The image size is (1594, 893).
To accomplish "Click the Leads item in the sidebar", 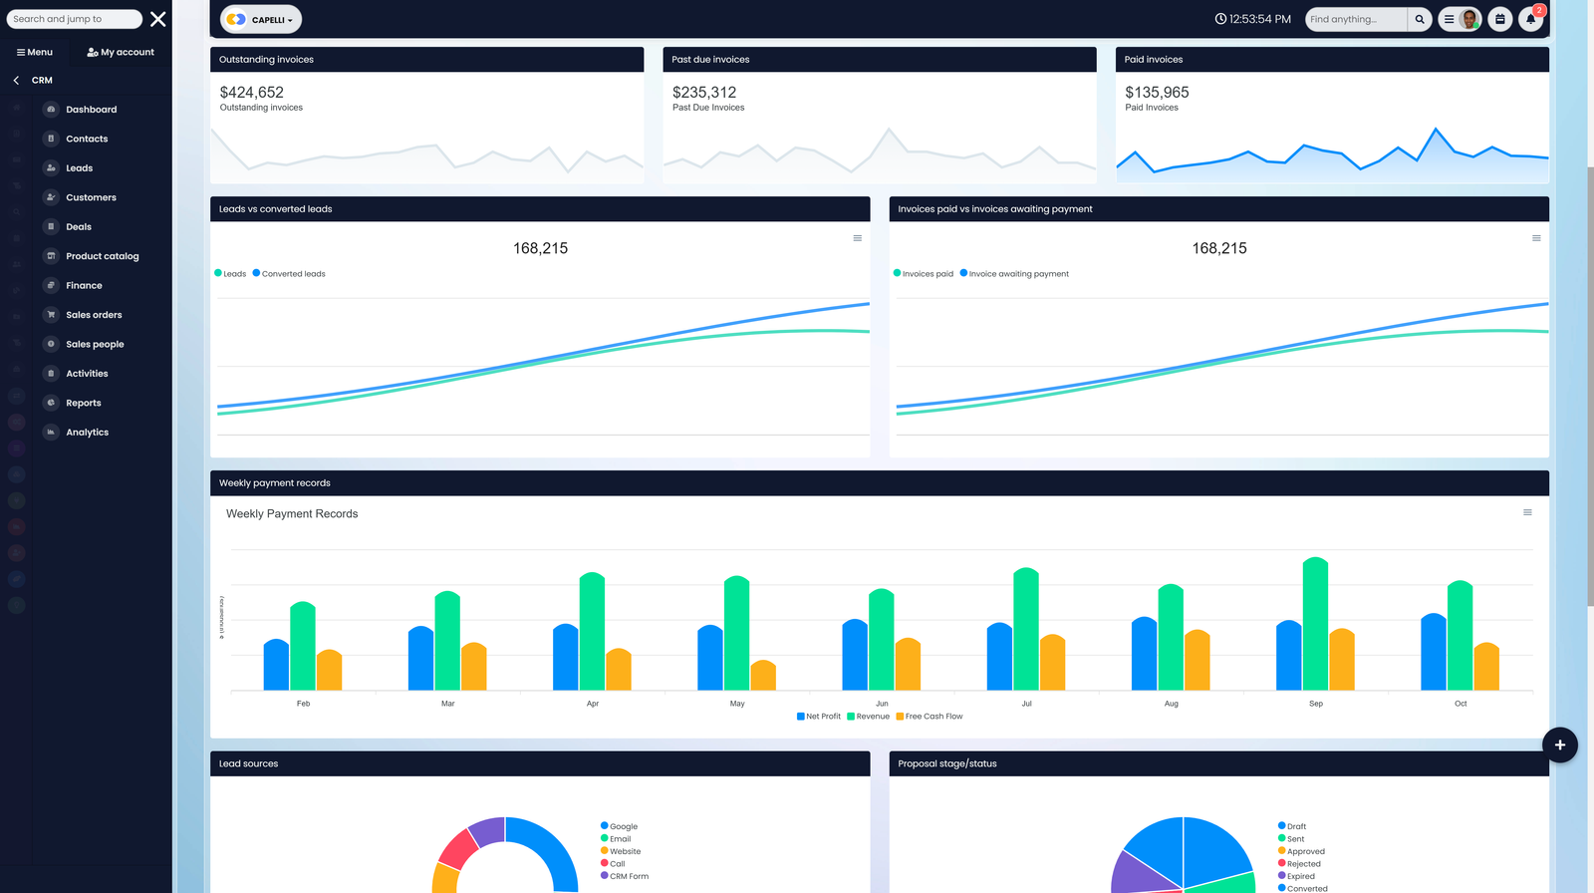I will click(x=79, y=168).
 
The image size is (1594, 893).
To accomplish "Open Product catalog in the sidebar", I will click(x=102, y=256).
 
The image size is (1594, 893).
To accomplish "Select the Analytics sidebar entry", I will click(x=87, y=433).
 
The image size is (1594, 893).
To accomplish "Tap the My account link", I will click(x=121, y=52).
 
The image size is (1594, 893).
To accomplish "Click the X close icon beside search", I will click(x=157, y=19).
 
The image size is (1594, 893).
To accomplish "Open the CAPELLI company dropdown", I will click(x=261, y=19).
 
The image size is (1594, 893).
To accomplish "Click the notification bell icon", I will click(x=1530, y=19).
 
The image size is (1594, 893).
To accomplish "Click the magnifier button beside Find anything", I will click(x=1420, y=19).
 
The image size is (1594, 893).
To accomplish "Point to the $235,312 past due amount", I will click(x=704, y=93).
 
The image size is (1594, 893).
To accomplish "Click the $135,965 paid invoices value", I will click(x=1157, y=93).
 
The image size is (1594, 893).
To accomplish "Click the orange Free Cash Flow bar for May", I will click(x=763, y=676).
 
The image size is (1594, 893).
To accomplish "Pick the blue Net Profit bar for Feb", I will click(x=276, y=665).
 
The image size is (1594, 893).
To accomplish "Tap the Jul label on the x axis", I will click(x=1026, y=704).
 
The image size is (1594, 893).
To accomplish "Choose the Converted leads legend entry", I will click(x=293, y=274).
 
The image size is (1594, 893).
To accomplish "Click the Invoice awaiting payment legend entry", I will click(x=1018, y=274).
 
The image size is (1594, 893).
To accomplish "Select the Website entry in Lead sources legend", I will click(x=625, y=852).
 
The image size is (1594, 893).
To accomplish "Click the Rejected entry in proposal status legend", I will click(x=1303, y=864).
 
